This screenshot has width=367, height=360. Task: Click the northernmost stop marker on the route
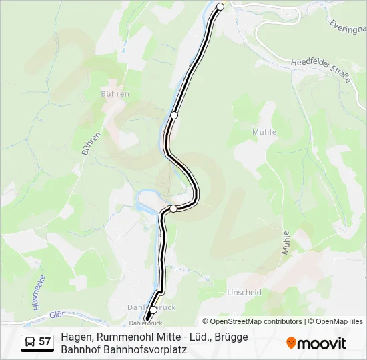pyautogui.click(x=221, y=7)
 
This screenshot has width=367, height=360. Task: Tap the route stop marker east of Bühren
pyautogui.click(x=174, y=115)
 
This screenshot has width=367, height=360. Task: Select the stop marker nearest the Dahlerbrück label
pyautogui.click(x=153, y=310)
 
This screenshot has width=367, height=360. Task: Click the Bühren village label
pyautogui.click(x=115, y=94)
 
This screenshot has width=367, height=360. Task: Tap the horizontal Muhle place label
pyautogui.click(x=264, y=132)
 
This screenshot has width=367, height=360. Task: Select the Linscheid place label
pyautogui.click(x=244, y=293)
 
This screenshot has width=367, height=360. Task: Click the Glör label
pyautogui.click(x=56, y=315)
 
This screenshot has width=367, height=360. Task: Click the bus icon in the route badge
pyautogui.click(x=30, y=342)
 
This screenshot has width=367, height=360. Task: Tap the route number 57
pyautogui.click(x=45, y=342)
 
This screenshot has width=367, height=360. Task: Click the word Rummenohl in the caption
pyautogui.click(x=130, y=337)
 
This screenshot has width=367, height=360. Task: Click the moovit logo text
pyautogui.click(x=322, y=343)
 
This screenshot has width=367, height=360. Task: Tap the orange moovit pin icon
pyautogui.click(x=291, y=343)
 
